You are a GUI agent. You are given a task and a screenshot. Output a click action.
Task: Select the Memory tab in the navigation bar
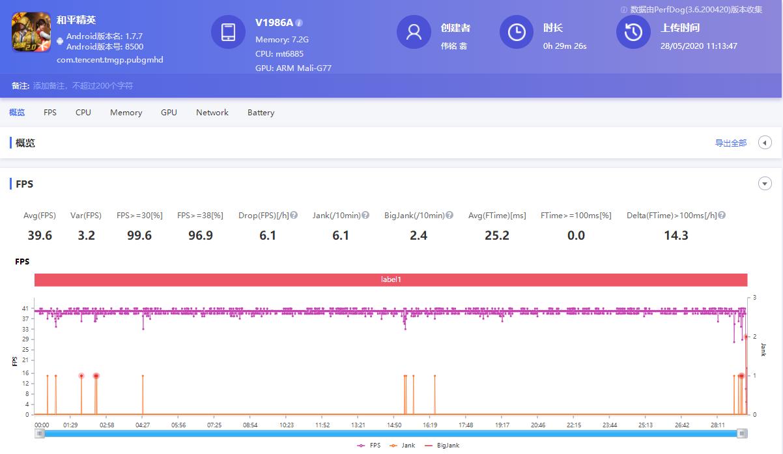click(126, 113)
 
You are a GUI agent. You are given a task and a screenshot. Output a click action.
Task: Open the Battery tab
click(261, 113)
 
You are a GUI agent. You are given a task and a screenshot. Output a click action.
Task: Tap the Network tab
click(212, 113)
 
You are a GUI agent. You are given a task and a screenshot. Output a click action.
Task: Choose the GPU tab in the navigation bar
click(169, 113)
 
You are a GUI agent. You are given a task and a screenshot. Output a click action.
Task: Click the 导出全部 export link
click(730, 143)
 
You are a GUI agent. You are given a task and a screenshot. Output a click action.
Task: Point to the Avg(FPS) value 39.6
click(40, 235)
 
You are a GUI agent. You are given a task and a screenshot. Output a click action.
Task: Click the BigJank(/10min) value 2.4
click(418, 235)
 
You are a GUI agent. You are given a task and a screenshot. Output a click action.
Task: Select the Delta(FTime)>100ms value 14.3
click(676, 235)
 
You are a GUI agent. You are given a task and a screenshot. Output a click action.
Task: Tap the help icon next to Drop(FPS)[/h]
click(294, 216)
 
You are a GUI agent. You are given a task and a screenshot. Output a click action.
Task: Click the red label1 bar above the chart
click(391, 279)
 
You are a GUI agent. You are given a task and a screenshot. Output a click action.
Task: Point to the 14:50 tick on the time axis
click(394, 425)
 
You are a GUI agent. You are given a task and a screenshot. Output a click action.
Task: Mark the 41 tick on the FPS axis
click(25, 308)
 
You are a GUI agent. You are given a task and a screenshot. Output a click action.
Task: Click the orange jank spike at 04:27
click(143, 395)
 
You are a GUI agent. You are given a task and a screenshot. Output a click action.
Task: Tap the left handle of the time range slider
click(40, 434)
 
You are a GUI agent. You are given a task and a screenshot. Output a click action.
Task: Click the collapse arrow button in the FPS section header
click(765, 184)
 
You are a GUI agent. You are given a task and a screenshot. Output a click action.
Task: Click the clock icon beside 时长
click(517, 33)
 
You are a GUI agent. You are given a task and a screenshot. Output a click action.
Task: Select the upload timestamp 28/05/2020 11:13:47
click(698, 46)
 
